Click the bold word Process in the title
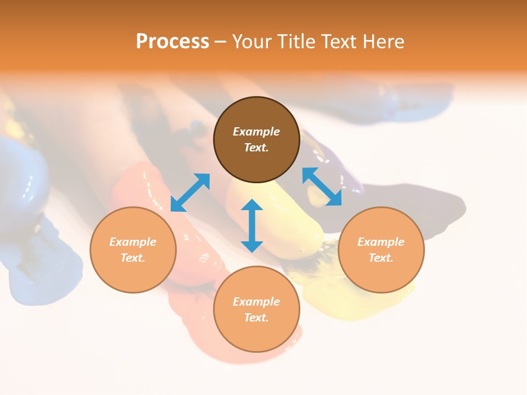(172, 41)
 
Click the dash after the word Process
(220, 42)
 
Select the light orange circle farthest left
(133, 250)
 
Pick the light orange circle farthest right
(381, 250)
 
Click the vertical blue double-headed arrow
(252, 225)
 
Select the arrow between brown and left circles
(190, 192)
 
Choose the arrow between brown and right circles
(322, 187)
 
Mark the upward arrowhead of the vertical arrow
(252, 205)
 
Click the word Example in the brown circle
(256, 132)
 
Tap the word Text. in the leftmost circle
(133, 258)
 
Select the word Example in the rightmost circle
(381, 242)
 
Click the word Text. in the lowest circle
(256, 318)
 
